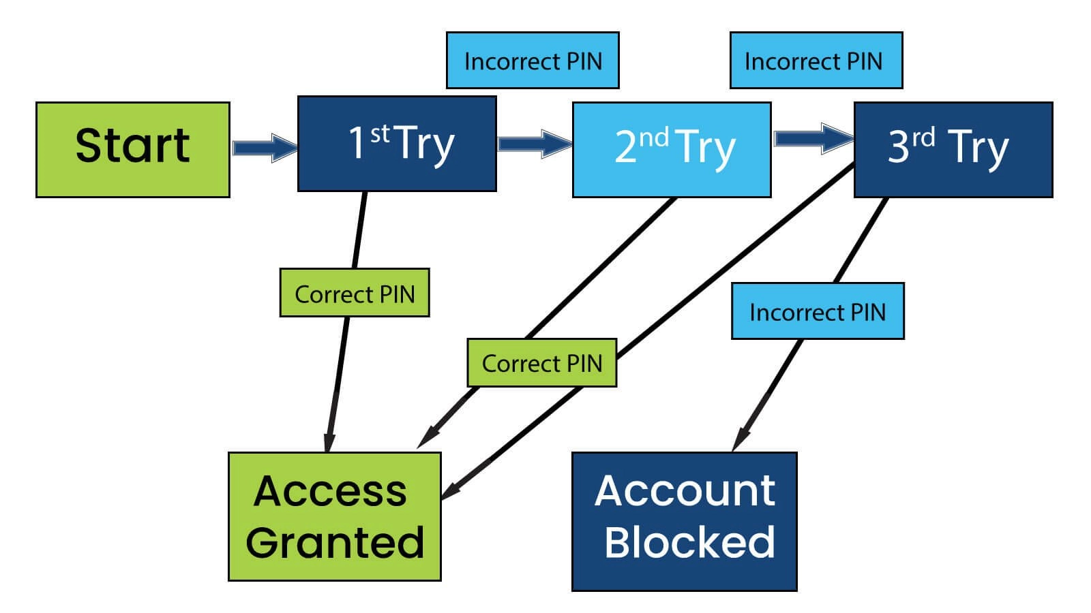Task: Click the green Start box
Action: point(132,150)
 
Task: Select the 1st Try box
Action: point(397,144)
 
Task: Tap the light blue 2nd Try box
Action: point(672,150)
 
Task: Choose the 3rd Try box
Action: point(953,150)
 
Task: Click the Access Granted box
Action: point(334,516)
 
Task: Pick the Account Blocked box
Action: point(684,521)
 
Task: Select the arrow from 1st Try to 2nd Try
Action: point(534,144)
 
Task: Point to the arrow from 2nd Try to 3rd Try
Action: point(812,139)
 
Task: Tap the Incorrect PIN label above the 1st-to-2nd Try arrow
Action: point(533,61)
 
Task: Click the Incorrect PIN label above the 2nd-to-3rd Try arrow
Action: point(816,61)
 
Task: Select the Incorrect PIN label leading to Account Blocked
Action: point(818,311)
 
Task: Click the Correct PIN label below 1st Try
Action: point(355,293)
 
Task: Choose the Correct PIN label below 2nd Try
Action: point(541,363)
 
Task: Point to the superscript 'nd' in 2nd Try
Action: point(653,138)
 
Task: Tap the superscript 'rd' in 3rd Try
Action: point(923,138)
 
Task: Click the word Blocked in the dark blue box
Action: point(689,542)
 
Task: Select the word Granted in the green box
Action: point(335,542)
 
